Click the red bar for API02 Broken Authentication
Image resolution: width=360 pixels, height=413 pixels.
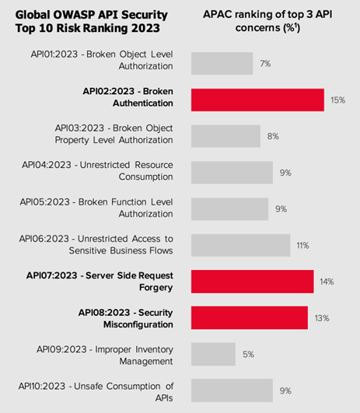(257, 100)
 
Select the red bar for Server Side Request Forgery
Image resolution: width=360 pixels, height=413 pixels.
(251, 282)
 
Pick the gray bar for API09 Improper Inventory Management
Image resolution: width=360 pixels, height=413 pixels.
(212, 354)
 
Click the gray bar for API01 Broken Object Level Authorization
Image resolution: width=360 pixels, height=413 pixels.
(222, 64)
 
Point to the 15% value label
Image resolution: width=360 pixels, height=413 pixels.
(337, 100)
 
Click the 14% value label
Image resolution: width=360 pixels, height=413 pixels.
(327, 282)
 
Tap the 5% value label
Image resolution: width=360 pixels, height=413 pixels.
(248, 354)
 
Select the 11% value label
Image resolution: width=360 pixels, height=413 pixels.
(302, 245)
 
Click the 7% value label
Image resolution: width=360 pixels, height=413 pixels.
(265, 64)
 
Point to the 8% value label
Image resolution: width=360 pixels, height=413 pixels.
(273, 136)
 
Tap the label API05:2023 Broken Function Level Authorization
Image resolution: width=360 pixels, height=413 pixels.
(97, 208)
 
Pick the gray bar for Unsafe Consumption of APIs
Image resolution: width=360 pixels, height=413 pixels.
(231, 390)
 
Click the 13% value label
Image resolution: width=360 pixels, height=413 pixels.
(321, 317)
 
